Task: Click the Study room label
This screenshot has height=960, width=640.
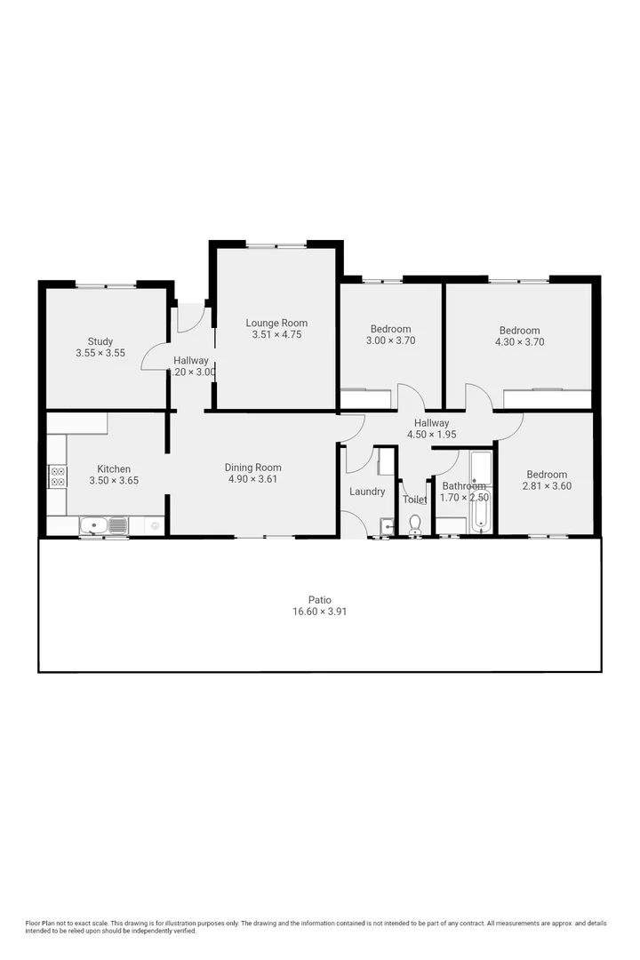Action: tap(100, 341)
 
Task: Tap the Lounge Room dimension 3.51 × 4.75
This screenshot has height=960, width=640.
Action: tap(276, 334)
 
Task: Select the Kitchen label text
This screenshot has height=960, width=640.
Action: tap(114, 469)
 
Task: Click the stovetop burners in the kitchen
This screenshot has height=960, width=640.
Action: tap(58, 476)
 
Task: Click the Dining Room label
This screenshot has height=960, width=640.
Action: tap(252, 468)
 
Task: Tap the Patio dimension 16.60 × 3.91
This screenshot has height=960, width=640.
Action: tap(319, 612)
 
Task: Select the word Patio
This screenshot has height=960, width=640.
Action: tap(319, 600)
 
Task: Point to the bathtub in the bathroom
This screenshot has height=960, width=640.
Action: tap(481, 502)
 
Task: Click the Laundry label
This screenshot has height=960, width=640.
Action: tap(367, 492)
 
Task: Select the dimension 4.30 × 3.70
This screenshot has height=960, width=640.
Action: tap(519, 341)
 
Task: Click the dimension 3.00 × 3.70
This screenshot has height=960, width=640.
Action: tap(390, 340)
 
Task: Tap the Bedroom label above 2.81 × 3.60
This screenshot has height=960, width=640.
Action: tap(546, 475)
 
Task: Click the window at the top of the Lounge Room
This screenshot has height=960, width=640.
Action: tap(276, 245)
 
